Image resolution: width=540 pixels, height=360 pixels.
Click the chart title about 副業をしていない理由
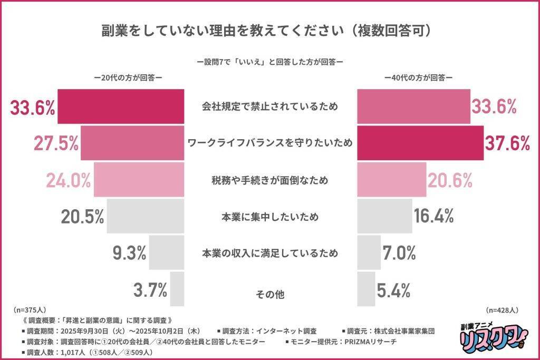click(269, 30)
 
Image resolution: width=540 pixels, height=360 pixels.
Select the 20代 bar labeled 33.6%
click(121, 107)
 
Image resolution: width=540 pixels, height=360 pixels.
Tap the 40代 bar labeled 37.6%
click(420, 143)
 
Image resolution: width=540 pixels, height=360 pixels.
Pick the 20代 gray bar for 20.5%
click(146, 216)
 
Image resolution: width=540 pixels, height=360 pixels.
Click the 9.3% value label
click(129, 254)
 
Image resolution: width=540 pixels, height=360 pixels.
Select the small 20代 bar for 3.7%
click(177, 289)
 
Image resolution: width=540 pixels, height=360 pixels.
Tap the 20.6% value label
click(450, 180)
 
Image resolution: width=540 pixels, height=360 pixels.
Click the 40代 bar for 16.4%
click(385, 216)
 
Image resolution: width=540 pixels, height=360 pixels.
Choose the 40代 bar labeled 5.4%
click(367, 289)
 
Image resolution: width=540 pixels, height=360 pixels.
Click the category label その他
click(270, 294)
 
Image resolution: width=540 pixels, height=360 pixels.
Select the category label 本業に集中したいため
click(270, 216)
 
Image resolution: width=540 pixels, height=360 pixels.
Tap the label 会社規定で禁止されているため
click(270, 107)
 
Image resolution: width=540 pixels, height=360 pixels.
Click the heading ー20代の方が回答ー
click(127, 77)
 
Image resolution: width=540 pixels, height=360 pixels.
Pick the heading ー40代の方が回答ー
click(418, 77)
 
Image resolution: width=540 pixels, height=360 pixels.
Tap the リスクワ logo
click(489, 336)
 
